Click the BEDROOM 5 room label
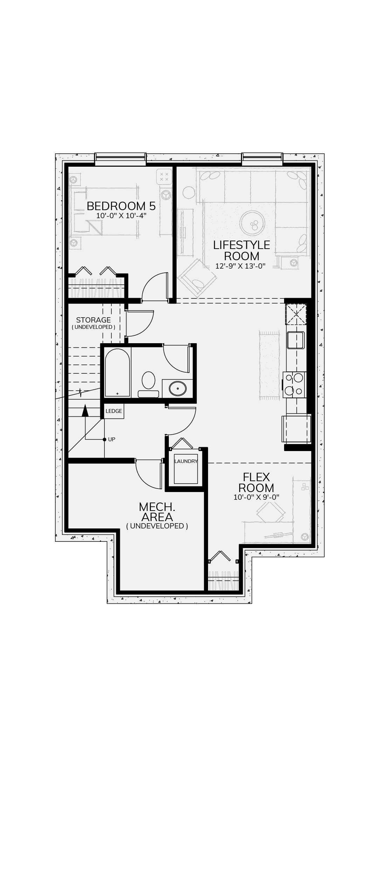pos(121,206)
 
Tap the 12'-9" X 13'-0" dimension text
pos(240,266)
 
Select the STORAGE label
pos(93,320)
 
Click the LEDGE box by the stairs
pos(114,411)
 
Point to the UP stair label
pos(111,439)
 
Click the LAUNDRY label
pos(186,461)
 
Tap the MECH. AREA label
pos(157,512)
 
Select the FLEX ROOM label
pos(256,482)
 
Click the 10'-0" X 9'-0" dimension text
pos(256,497)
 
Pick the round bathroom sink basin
pos(178,388)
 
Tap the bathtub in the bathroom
pos(117,373)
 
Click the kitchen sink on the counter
pos(296,340)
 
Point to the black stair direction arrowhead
pos(85,410)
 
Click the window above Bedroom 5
pos(120,159)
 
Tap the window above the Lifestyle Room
pos(262,159)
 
